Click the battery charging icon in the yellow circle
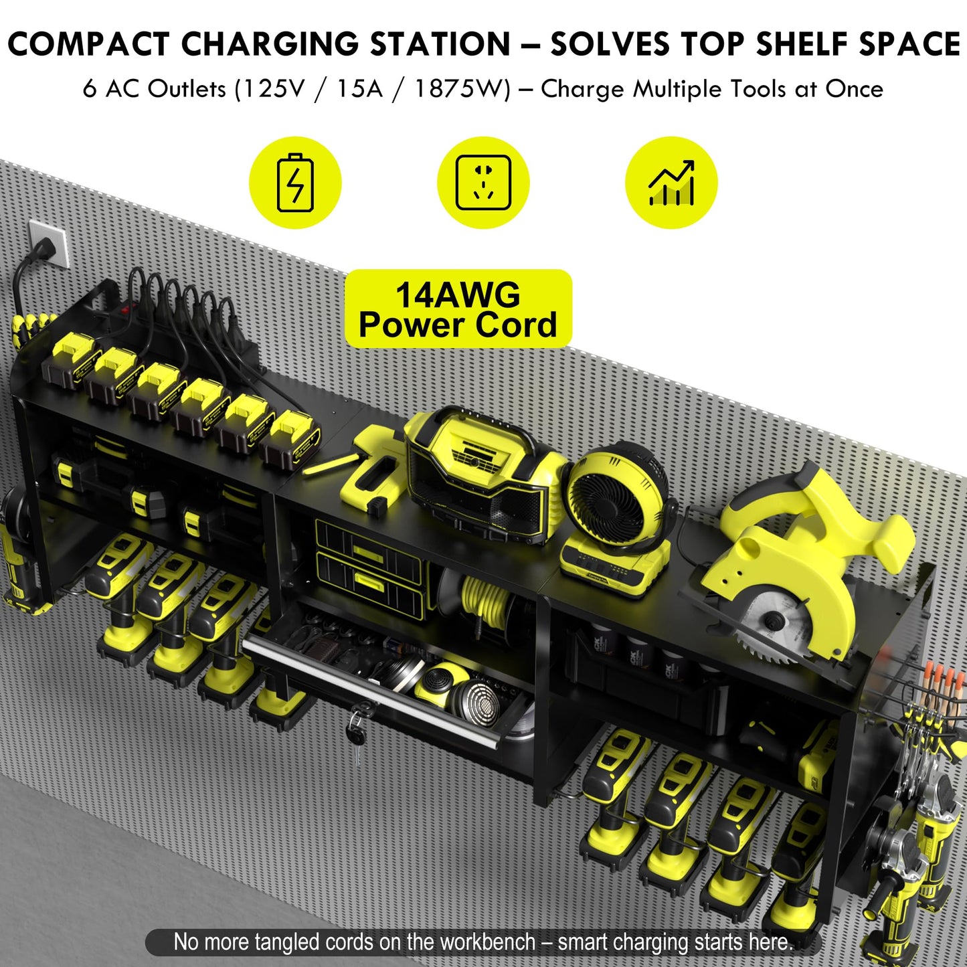(x=295, y=183)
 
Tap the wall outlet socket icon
(x=483, y=183)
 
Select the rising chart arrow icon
(x=671, y=183)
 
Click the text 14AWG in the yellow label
(x=458, y=295)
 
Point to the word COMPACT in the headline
(x=88, y=45)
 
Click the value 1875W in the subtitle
(x=462, y=89)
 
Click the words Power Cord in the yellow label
(x=458, y=325)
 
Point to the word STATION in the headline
(x=440, y=45)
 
